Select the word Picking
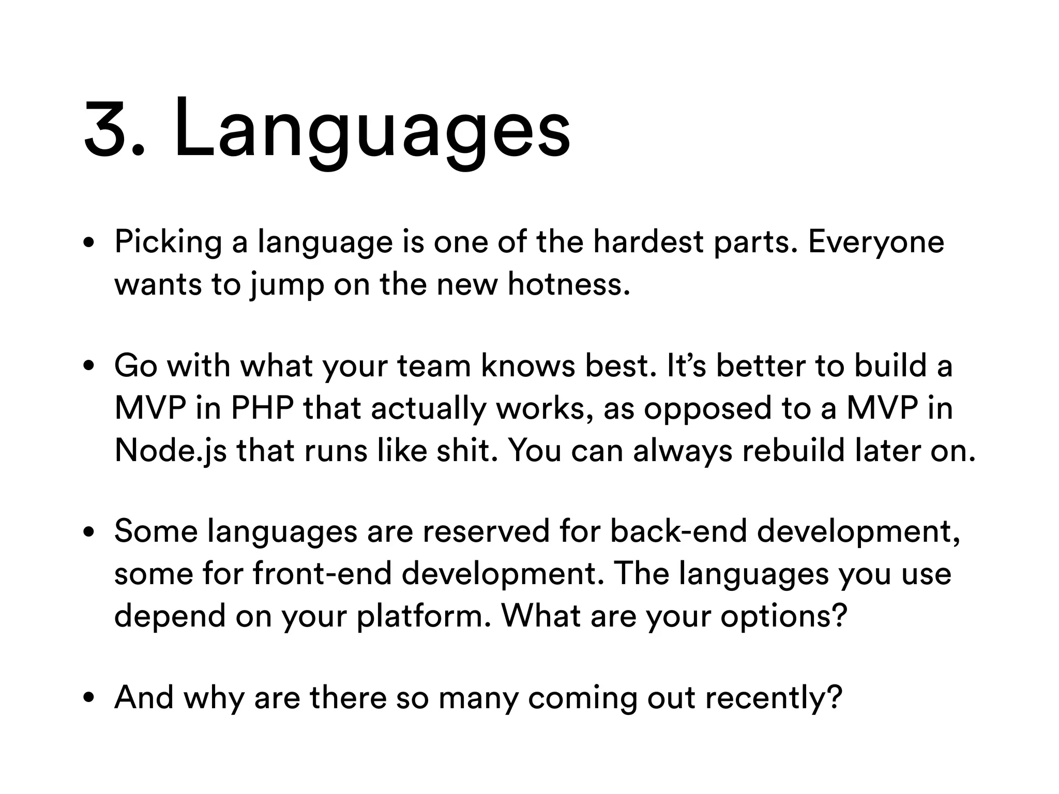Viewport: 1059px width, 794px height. [x=168, y=242]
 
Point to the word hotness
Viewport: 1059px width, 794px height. [x=569, y=284]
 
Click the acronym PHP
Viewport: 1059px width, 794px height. [x=262, y=408]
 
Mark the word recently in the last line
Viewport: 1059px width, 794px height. [x=774, y=698]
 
